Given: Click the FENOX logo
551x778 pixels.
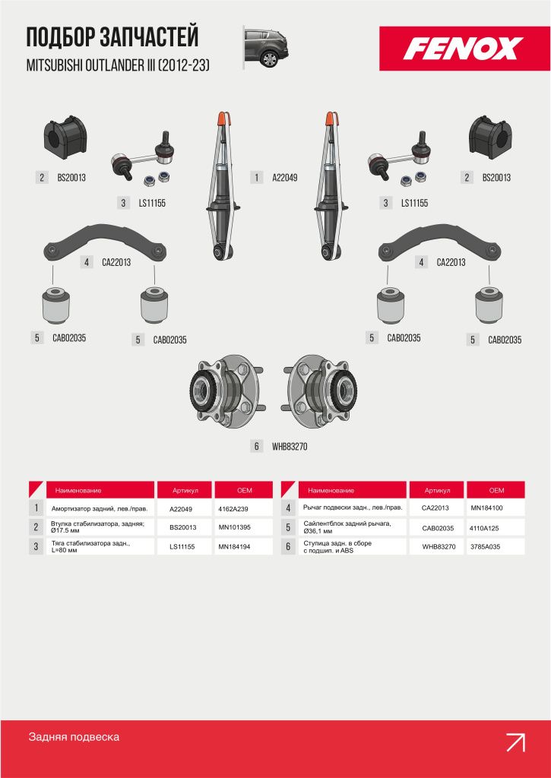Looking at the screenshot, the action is pyautogui.click(x=464, y=49).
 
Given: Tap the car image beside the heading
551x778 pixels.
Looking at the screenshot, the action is pyautogui.click(x=266, y=47).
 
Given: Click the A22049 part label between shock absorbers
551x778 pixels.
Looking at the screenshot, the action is pyautogui.click(x=284, y=178).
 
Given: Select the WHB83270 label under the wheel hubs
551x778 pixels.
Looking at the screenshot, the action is pyautogui.click(x=290, y=447).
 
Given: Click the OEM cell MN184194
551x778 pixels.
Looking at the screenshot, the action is pyautogui.click(x=234, y=546).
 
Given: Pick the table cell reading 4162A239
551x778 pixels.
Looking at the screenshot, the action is pyautogui.click(x=233, y=508).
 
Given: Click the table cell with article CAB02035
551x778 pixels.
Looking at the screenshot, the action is pyautogui.click(x=438, y=528).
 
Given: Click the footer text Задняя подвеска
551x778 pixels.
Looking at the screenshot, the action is pyautogui.click(x=74, y=737).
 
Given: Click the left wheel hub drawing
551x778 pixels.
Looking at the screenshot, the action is pyautogui.click(x=226, y=390).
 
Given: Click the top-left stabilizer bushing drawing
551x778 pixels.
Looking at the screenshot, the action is pyautogui.click(x=65, y=138).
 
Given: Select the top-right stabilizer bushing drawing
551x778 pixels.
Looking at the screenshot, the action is pyautogui.click(x=490, y=138).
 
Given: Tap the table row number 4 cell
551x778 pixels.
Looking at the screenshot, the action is pyautogui.click(x=288, y=508).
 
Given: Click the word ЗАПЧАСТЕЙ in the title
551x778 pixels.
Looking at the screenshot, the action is pyautogui.click(x=150, y=38).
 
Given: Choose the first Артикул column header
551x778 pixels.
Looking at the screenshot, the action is pyautogui.click(x=185, y=490).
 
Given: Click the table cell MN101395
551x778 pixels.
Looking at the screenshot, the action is pyautogui.click(x=234, y=527).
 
